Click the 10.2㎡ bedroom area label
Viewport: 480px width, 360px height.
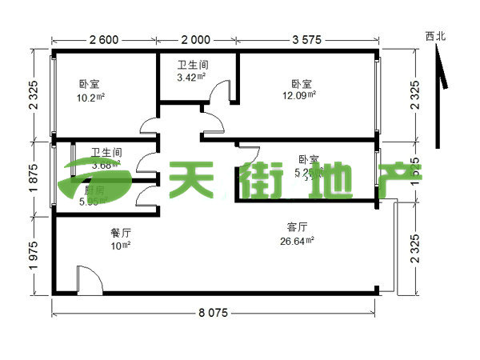[91, 98]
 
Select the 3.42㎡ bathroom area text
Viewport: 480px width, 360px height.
[192, 78]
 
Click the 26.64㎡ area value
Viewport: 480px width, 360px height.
[296, 240]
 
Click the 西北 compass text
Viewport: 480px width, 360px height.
[436, 35]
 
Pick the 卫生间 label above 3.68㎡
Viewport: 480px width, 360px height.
[106, 152]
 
